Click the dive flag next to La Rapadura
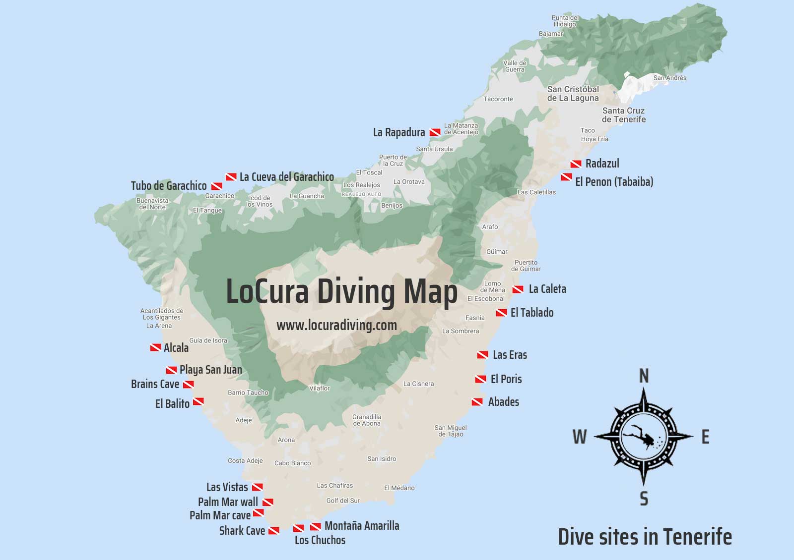435,132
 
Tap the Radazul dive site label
602,164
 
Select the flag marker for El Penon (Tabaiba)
566,177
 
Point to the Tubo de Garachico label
169,186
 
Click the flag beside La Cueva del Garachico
231,177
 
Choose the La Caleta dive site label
547,289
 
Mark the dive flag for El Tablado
501,313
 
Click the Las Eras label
510,355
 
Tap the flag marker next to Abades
477,402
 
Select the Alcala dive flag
155,348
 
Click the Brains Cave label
155,384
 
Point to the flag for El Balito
198,401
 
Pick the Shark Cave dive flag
273,531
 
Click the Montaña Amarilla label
362,526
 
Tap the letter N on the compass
644,377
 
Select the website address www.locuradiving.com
336,326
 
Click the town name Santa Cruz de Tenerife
624,115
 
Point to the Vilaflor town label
319,388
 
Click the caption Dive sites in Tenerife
645,537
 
